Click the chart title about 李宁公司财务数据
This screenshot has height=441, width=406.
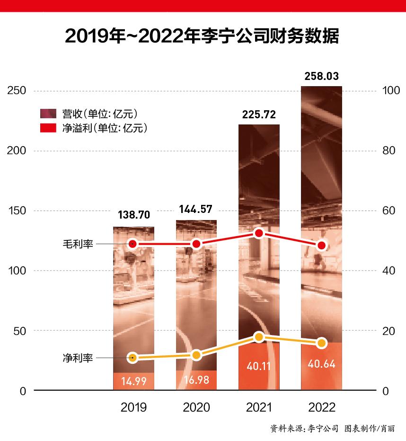coord(203,36)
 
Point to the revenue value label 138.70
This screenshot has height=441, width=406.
coord(133,215)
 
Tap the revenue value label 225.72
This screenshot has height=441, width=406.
coord(258,115)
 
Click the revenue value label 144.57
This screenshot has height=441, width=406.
coord(196,209)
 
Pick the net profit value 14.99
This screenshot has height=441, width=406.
coord(133,381)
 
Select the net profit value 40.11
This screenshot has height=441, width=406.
coord(258,365)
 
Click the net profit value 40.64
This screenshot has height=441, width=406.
coord(322,365)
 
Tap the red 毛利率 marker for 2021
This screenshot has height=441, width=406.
coord(259,233)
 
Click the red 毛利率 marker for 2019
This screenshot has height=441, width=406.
coord(133,244)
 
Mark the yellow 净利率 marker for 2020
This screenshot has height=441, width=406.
coord(196,355)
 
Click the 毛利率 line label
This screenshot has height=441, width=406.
coord(78,244)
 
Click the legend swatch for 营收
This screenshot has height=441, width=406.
coord(48,114)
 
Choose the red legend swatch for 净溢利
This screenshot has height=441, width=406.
coord(48,128)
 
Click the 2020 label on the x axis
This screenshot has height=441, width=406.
coord(196,407)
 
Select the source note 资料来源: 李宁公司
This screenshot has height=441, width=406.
coord(304,428)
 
